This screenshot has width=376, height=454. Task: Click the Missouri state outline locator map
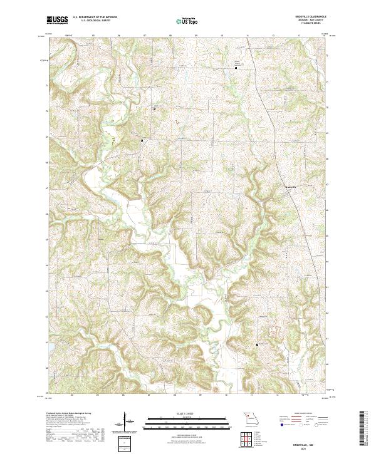(x=251, y=418)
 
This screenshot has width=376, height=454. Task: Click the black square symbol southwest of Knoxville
(x=142, y=141)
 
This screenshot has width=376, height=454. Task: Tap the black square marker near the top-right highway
(x=236, y=68)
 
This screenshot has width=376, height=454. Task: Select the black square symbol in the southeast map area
(x=257, y=344)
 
